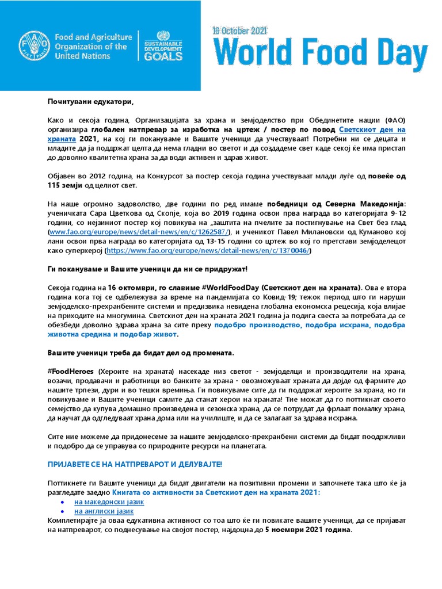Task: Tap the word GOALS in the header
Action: [164, 56]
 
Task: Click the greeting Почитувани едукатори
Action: [90, 102]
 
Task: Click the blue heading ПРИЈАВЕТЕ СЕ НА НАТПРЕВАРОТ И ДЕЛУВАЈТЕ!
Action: [134, 464]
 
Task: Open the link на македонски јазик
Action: [109, 502]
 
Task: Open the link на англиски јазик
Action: [104, 511]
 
